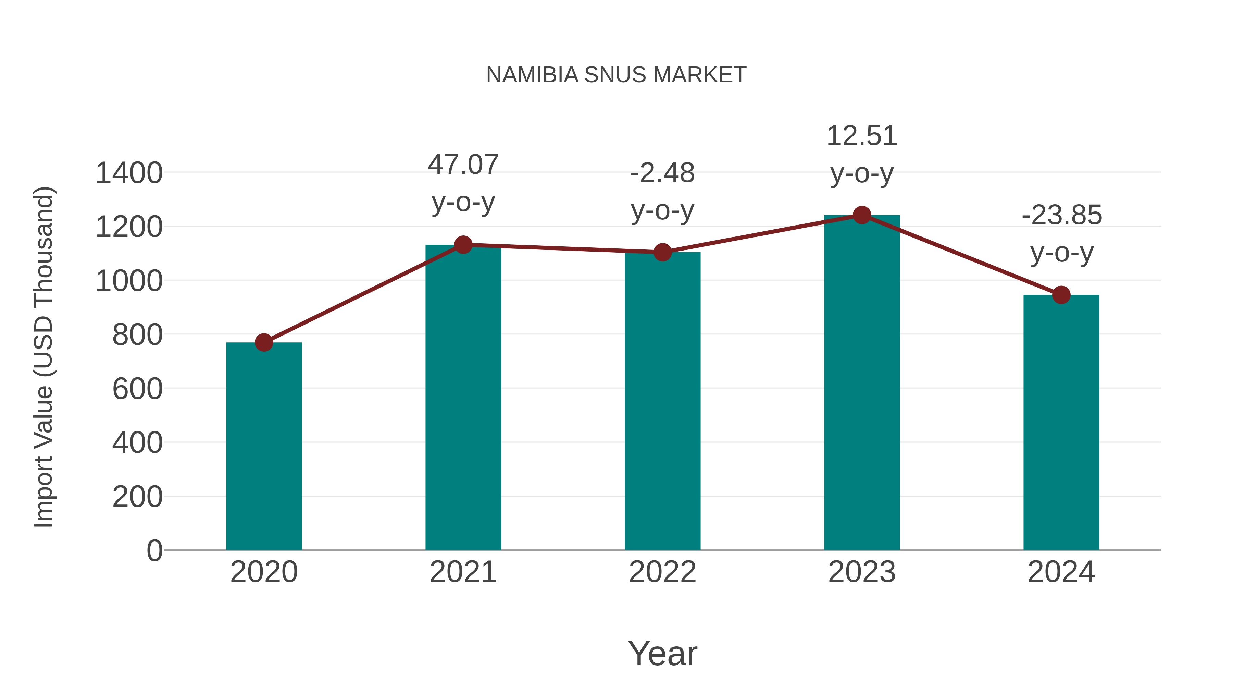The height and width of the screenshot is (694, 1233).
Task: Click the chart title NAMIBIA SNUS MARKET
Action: point(616,75)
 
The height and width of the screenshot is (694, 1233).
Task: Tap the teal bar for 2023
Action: point(862,383)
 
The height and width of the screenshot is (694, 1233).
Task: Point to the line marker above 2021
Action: point(463,245)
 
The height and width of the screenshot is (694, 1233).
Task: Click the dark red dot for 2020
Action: point(264,342)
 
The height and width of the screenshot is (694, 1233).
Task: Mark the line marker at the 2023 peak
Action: point(862,215)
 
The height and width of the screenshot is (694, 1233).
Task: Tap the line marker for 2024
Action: point(1061,295)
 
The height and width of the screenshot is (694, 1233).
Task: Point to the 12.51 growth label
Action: point(862,154)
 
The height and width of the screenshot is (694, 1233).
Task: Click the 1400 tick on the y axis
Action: point(129,173)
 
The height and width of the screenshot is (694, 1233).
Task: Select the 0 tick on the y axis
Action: point(154,550)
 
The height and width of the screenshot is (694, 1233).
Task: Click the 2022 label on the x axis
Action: point(662,572)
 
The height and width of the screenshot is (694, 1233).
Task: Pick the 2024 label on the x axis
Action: point(1061,572)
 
